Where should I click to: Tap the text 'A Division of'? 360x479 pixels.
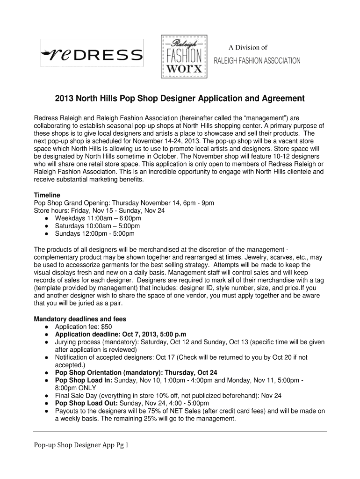click(x=247, y=47)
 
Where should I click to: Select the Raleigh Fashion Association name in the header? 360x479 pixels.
click(x=257, y=61)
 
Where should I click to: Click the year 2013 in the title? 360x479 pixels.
click(x=65, y=99)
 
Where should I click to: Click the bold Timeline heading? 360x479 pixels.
click(x=47, y=195)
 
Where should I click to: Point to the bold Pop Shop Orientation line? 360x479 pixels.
click(x=136, y=373)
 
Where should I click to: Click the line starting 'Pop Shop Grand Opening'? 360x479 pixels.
click(x=124, y=203)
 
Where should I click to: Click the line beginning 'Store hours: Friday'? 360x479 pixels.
click(x=99, y=210)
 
